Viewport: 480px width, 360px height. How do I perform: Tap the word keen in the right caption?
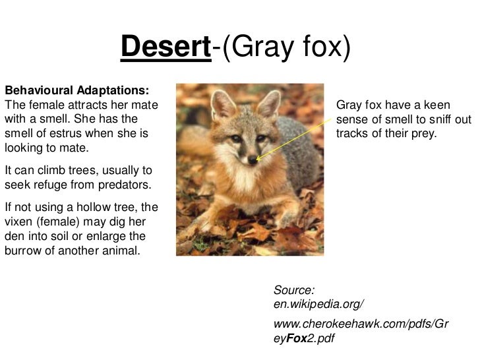click(x=436, y=105)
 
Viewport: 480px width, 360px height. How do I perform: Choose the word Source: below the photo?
click(x=293, y=290)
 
